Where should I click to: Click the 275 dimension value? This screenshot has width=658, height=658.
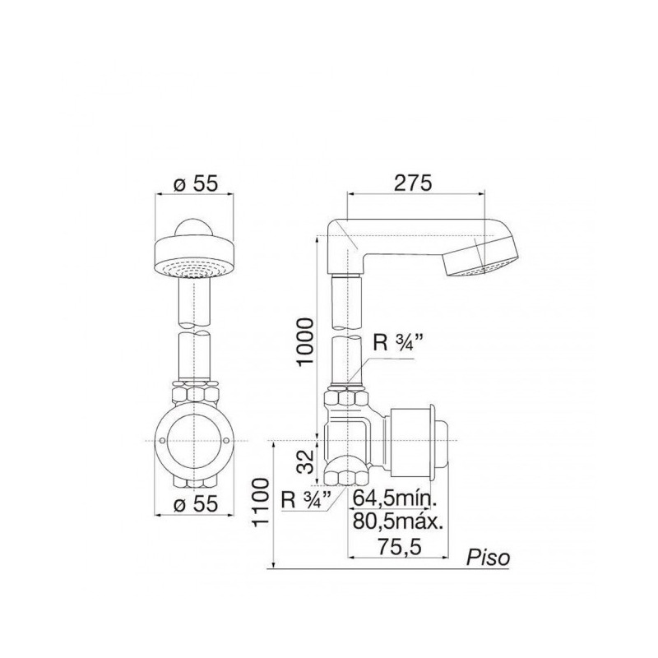412,183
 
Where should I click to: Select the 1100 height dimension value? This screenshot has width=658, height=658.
261,502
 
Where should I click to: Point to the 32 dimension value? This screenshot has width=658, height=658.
308,461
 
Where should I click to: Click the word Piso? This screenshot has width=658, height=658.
488,558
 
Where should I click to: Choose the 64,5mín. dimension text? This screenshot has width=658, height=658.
395,498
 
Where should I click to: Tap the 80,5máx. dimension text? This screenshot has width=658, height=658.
398,521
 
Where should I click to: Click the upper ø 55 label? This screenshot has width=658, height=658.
196,183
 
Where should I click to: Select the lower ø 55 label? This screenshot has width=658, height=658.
196,503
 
